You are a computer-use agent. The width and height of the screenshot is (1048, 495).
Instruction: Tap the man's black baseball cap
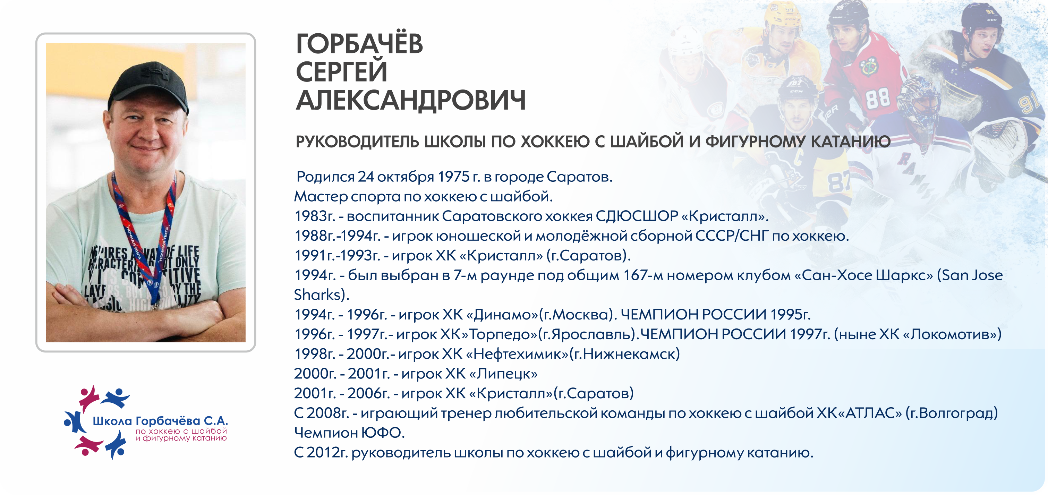pos(148,86)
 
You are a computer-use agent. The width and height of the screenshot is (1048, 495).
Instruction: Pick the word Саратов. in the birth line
pos(579,177)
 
